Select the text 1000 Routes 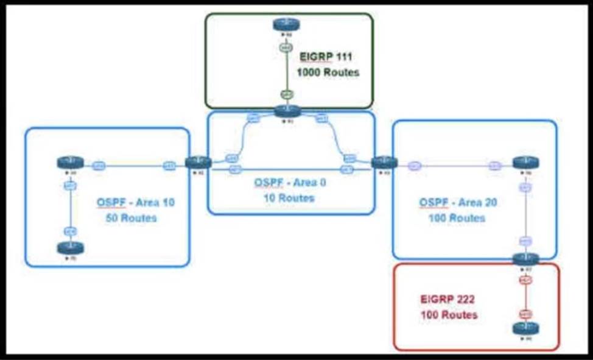coord(328,72)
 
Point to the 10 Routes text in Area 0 coord(289,198)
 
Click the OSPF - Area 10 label coord(135,202)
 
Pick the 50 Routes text coord(131,217)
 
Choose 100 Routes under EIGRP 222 coord(449,315)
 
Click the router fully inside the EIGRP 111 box coord(286,24)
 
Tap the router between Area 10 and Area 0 coord(198,163)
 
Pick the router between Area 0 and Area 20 coord(384,163)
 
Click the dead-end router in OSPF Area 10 coord(70,249)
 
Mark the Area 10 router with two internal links coord(70,163)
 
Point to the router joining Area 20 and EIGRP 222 coord(525,259)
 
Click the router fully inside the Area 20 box coord(525,163)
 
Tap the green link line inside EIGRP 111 coord(286,70)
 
